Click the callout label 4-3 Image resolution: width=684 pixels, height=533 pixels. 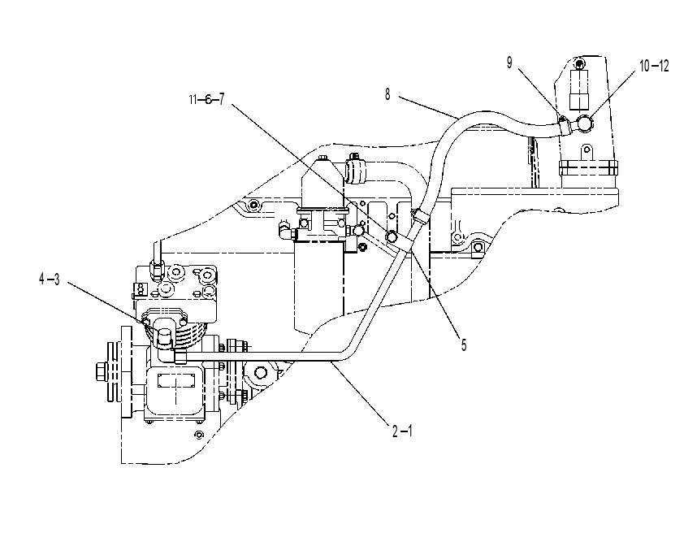tap(50, 279)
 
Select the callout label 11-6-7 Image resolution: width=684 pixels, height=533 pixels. tap(207, 100)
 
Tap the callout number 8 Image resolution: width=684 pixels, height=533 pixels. tap(387, 94)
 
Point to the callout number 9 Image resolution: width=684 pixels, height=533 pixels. tap(509, 63)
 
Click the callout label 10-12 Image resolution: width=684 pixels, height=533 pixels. tap(654, 67)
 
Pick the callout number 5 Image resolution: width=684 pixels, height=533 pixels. tap(464, 345)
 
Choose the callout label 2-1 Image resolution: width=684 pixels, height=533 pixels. tap(402, 431)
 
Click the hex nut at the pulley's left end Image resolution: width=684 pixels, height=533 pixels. tap(102, 372)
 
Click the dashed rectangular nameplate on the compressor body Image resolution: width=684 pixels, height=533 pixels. tap(175, 381)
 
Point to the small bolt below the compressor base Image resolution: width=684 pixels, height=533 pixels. tap(199, 435)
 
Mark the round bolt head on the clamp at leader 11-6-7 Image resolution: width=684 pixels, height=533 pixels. tap(392, 236)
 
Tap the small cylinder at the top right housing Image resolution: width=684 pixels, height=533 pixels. tap(579, 89)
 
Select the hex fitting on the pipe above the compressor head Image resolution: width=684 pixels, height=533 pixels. tap(157, 267)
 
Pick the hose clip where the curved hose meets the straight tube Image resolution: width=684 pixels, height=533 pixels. tap(419, 215)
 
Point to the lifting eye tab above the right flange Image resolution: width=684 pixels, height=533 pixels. tap(587, 153)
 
